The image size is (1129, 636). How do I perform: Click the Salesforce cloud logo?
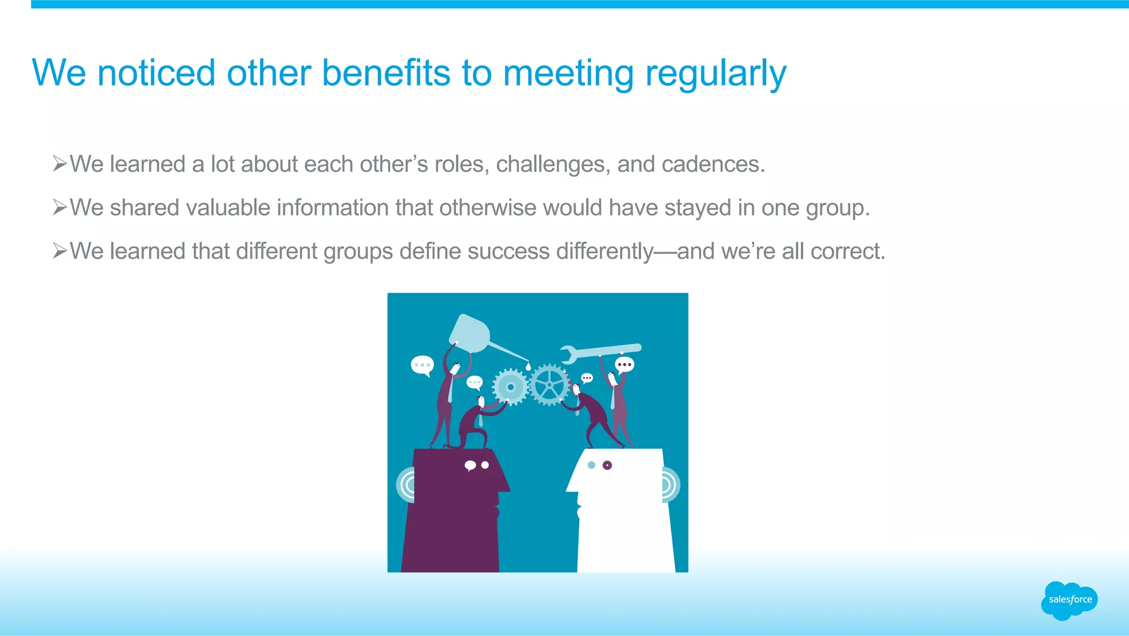click(x=1069, y=600)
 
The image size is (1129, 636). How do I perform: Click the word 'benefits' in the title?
click(x=385, y=73)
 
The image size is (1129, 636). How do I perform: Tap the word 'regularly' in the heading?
click(x=715, y=74)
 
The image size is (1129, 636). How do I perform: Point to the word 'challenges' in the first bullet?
click(x=553, y=164)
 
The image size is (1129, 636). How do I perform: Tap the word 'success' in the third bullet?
click(x=508, y=252)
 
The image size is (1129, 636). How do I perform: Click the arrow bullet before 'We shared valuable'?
click(x=60, y=207)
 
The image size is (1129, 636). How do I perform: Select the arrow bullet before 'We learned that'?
click(x=60, y=251)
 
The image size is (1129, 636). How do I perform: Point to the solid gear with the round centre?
click(x=510, y=387)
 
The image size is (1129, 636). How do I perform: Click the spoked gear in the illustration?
click(x=549, y=384)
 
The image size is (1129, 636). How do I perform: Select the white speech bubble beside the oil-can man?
click(x=422, y=366)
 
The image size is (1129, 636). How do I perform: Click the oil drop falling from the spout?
click(x=528, y=366)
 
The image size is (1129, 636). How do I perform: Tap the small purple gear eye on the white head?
click(x=607, y=465)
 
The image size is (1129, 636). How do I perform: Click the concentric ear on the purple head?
click(x=406, y=485)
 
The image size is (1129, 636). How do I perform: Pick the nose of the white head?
click(x=571, y=487)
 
